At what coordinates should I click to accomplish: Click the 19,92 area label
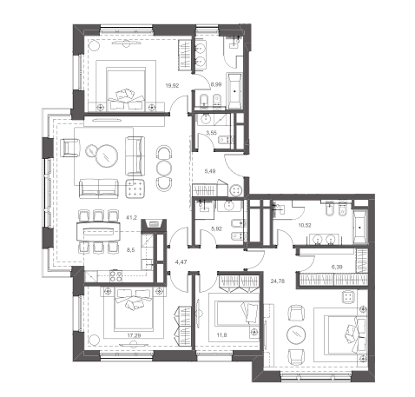172,85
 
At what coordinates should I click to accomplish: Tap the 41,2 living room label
131,217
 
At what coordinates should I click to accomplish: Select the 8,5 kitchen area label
131,250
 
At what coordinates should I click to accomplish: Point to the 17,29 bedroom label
135,335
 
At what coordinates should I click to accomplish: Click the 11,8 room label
221,335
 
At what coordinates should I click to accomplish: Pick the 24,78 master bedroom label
278,281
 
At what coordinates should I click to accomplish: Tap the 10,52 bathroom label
305,225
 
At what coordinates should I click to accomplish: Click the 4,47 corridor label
181,262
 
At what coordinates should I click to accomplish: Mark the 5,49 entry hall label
210,171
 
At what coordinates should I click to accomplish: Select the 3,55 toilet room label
211,133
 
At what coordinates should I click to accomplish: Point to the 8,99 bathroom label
216,84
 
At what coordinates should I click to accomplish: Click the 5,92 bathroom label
216,228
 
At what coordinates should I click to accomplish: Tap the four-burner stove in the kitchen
115,275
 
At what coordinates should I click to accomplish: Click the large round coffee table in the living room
107,155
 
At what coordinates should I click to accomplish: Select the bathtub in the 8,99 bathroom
234,91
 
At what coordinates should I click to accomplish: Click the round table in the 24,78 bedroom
296,334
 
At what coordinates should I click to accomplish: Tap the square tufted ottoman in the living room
135,189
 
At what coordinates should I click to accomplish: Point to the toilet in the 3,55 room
225,140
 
